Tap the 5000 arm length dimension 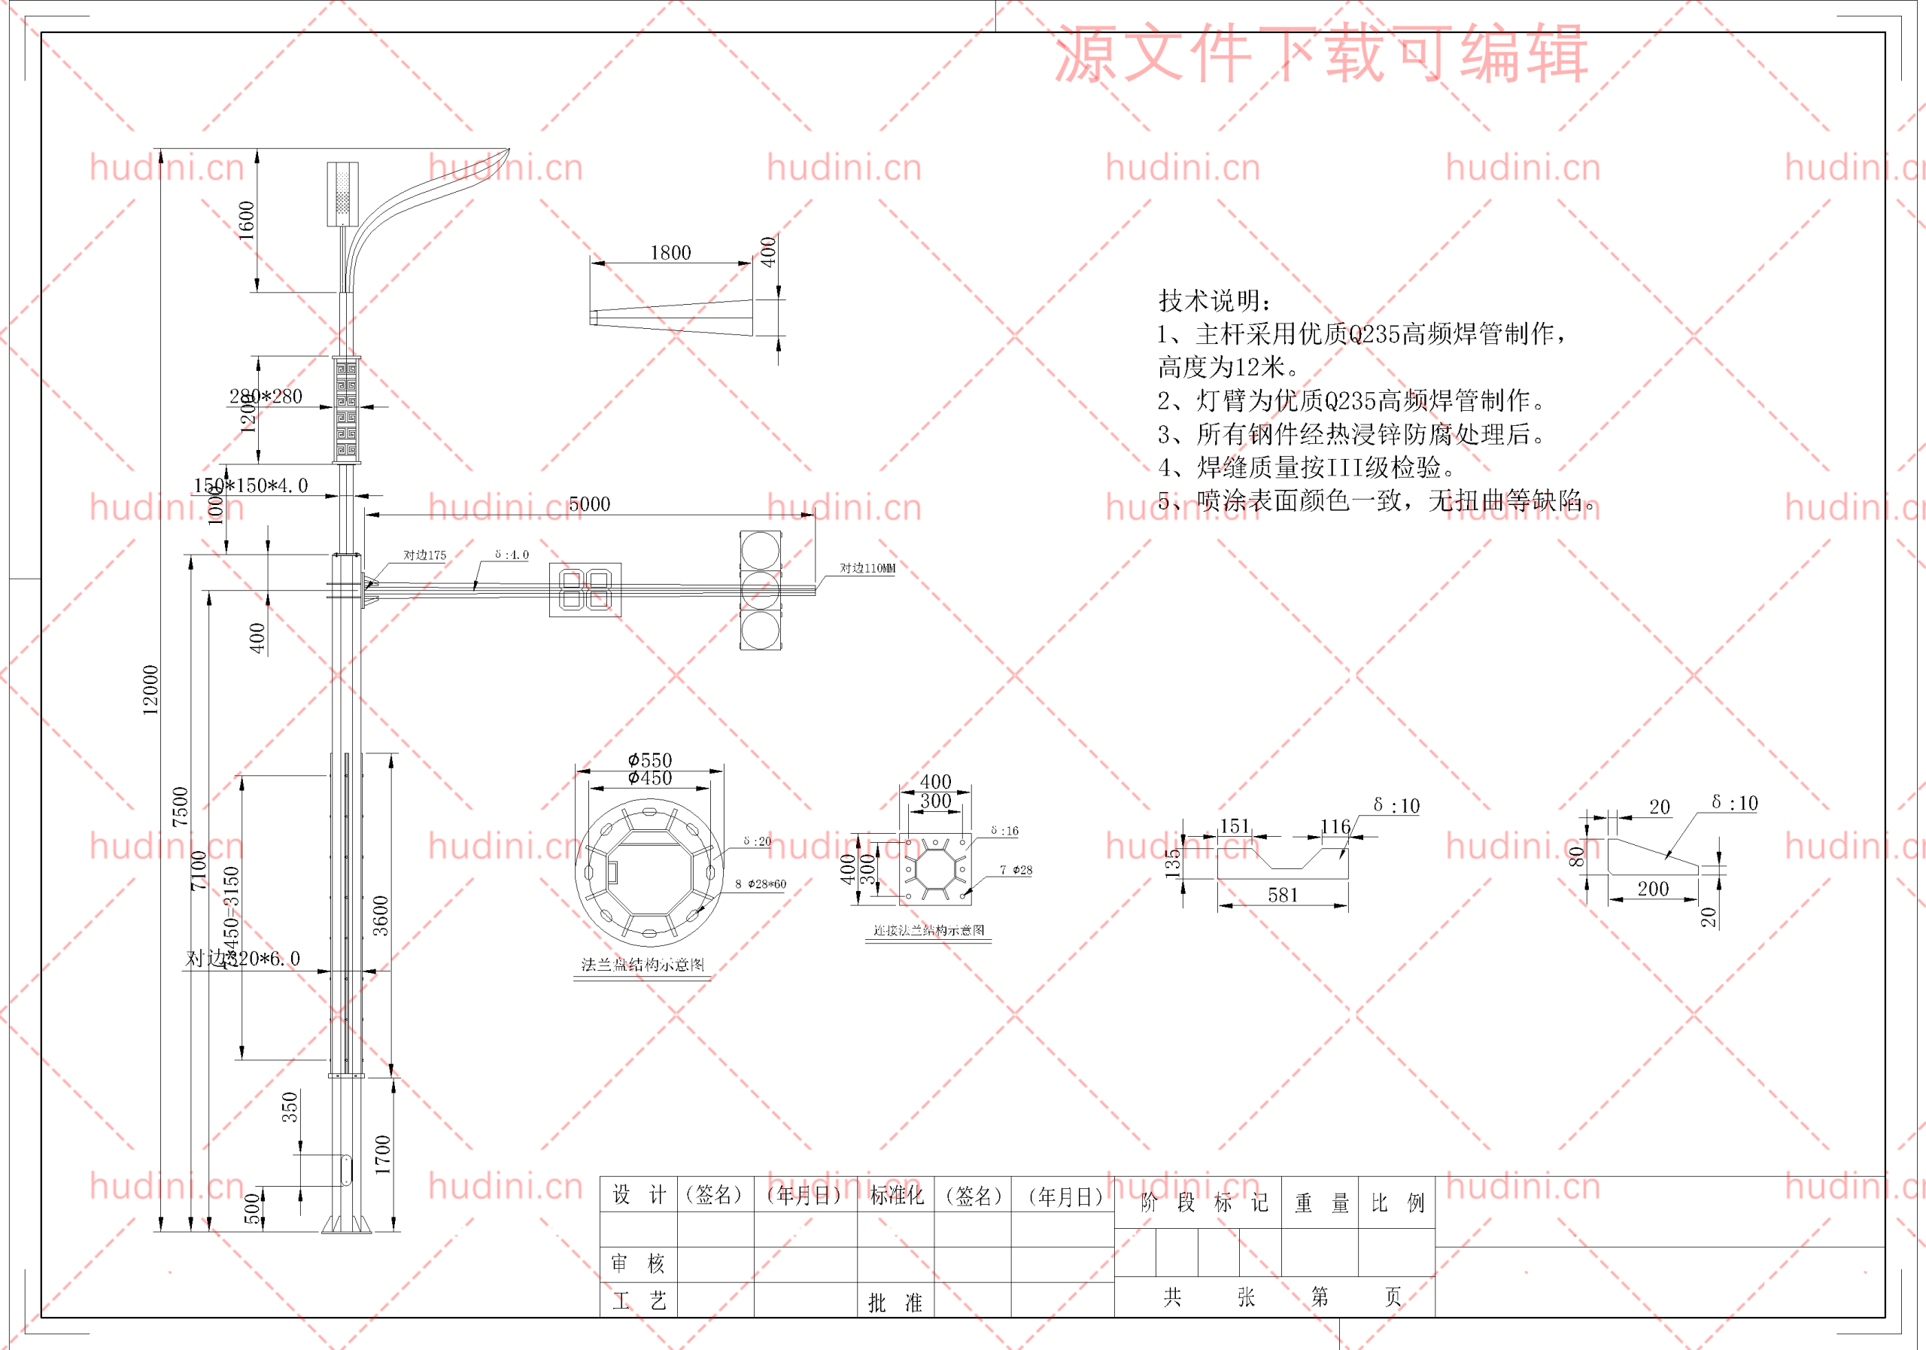589,504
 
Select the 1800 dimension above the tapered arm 670,253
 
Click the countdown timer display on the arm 585,590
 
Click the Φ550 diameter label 650,760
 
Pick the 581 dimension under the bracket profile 1283,895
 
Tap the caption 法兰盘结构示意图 643,965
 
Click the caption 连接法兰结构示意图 928,931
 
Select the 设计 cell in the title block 639,1195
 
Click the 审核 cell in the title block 639,1263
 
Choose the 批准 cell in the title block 895,1302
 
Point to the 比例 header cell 1396,1203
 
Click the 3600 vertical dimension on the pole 381,915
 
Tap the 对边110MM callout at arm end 867,568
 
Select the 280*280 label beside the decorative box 266,396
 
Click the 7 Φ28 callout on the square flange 1015,870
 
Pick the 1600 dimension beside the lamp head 247,220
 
